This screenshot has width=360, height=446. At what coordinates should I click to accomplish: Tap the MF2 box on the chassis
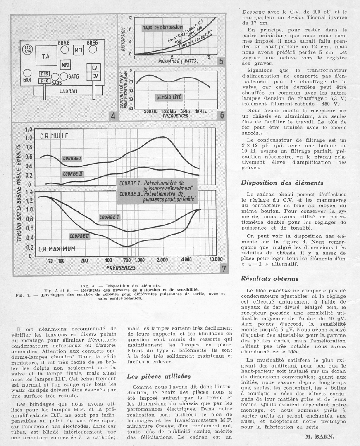point(65,64)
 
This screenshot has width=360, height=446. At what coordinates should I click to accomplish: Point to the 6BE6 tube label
point(93,43)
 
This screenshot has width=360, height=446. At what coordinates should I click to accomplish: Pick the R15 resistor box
point(45,74)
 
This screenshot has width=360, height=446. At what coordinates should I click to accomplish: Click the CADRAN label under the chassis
point(69,91)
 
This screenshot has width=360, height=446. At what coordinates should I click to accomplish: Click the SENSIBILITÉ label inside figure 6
point(168,97)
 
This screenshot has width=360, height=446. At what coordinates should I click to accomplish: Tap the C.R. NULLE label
point(54,135)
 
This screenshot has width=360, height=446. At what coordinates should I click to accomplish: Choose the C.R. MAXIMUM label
point(57,249)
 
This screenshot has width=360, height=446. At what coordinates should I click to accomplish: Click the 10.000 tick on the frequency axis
point(216,260)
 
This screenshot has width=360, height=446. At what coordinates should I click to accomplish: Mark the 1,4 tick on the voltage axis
point(29,192)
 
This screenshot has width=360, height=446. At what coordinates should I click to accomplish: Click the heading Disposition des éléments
point(282,183)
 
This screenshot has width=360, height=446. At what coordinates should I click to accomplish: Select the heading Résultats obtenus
point(270,279)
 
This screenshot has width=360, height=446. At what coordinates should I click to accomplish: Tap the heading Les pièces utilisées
point(159,376)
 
